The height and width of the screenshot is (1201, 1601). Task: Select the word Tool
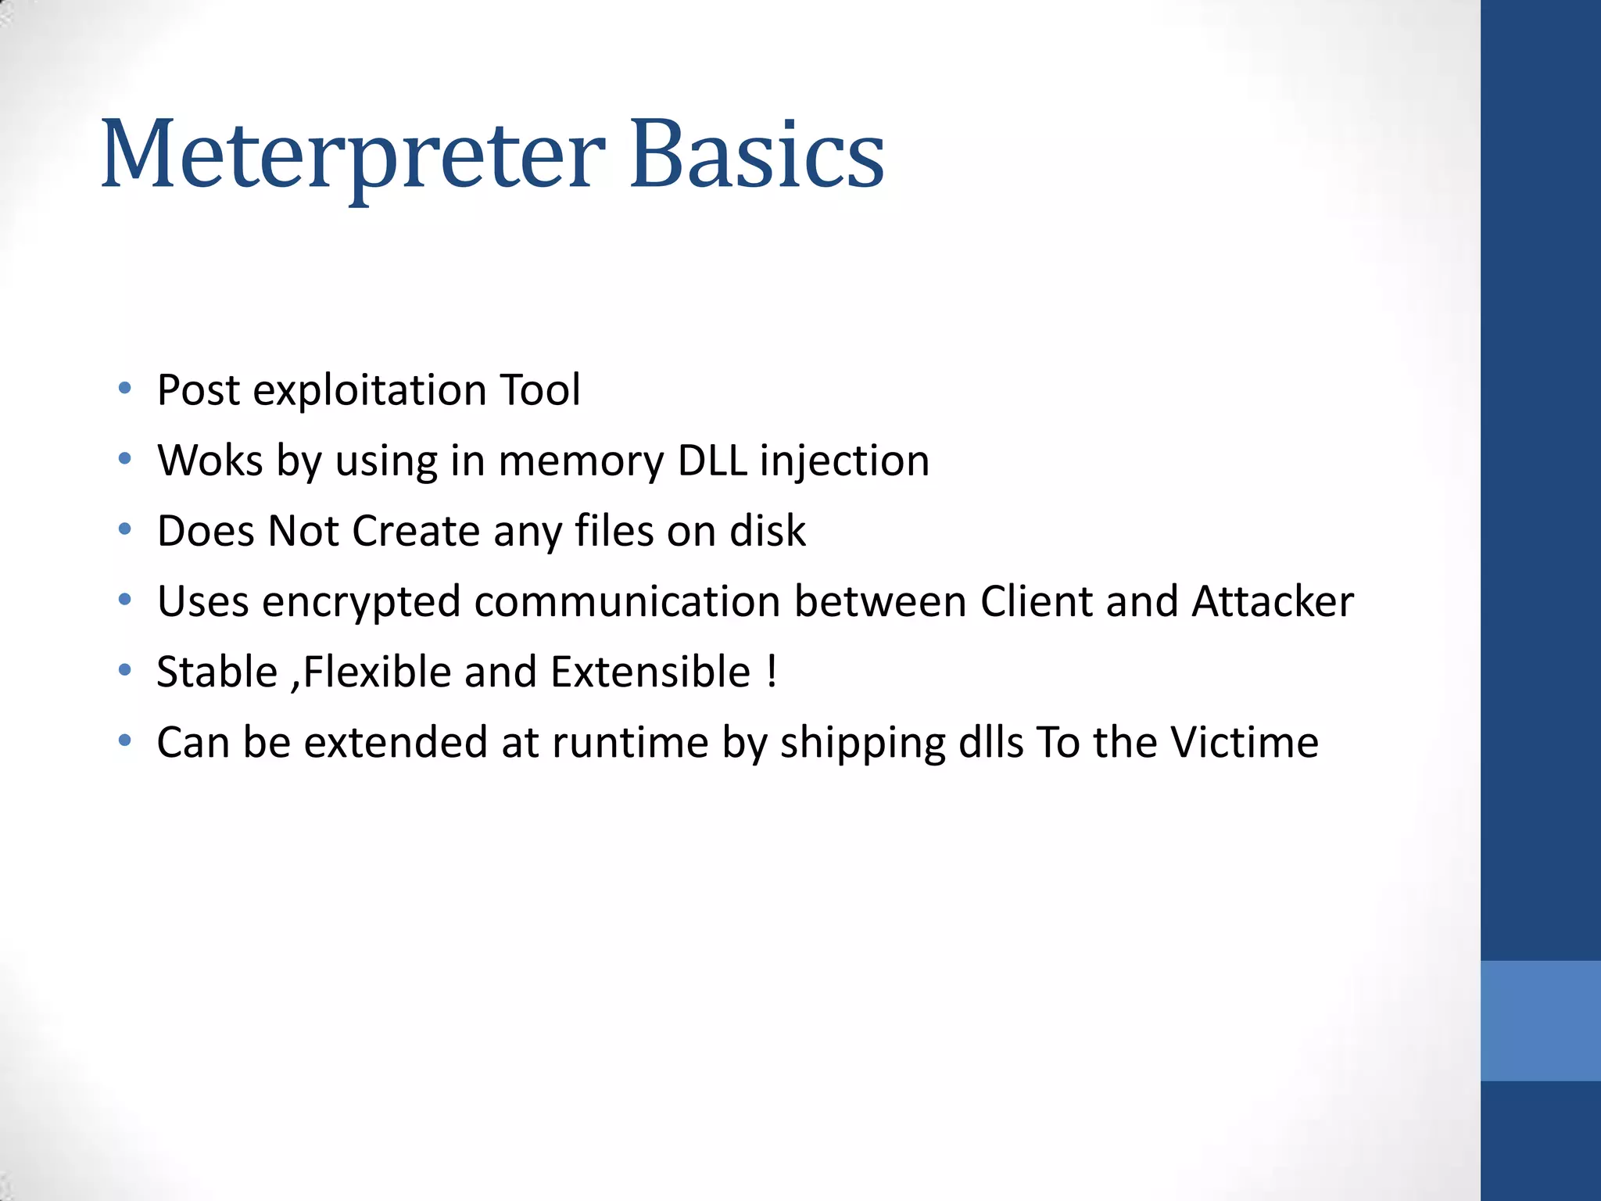coord(539,390)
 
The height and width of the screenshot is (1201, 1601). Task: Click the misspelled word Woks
coord(210,461)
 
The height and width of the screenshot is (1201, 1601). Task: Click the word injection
coord(844,461)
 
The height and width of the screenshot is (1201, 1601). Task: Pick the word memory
coord(580,461)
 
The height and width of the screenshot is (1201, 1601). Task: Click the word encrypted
coord(361,601)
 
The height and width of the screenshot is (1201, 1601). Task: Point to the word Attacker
coord(1272,601)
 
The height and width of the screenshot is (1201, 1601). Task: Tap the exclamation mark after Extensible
coord(772,672)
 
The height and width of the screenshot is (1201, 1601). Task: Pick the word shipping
coord(862,742)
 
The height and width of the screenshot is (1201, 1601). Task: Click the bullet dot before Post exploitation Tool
coord(124,389)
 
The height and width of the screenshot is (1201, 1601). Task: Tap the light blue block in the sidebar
coord(1540,1020)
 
